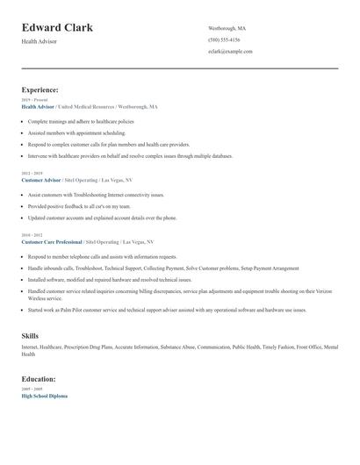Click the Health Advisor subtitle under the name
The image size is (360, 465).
39,41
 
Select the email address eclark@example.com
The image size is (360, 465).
230,51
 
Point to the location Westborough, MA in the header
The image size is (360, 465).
227,28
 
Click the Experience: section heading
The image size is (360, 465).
40,89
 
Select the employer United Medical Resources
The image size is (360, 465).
98,106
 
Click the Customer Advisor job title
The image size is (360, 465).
41,179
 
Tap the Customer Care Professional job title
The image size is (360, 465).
52,241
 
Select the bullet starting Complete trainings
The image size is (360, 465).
81,121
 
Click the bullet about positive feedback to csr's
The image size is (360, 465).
83,206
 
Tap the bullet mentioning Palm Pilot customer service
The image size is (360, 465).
167,310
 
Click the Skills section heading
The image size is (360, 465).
30,335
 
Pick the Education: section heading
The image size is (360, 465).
39,379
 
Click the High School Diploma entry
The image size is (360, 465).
44,396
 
